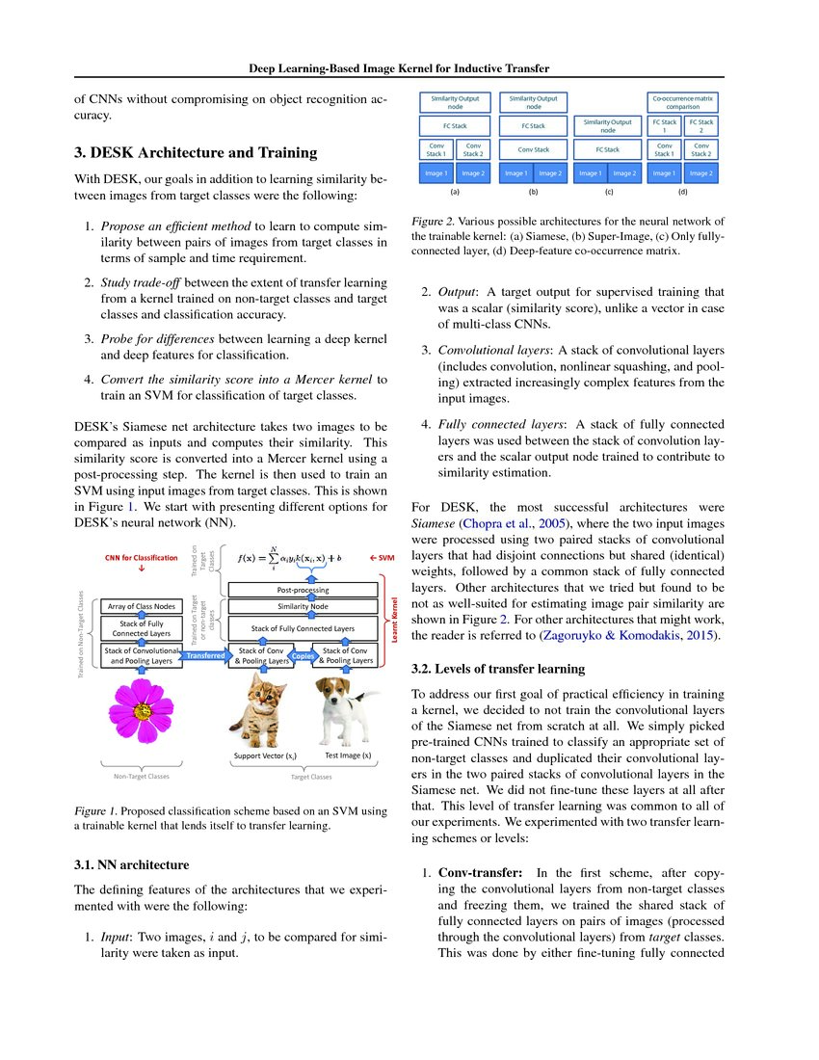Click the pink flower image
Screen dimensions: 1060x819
pos(143,711)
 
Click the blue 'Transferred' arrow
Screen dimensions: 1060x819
pos(204,656)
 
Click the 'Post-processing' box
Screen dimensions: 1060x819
pos(303,589)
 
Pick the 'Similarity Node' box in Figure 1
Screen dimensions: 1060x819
pos(303,607)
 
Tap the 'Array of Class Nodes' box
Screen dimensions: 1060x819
pos(141,606)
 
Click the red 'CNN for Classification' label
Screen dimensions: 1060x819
pos(142,558)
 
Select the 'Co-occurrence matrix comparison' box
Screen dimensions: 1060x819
pos(682,102)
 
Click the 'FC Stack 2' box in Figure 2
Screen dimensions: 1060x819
pos(700,126)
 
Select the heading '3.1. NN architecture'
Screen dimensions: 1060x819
pos(132,863)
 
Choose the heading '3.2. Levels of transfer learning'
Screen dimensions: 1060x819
pos(499,668)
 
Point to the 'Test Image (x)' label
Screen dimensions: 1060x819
pos(348,755)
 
